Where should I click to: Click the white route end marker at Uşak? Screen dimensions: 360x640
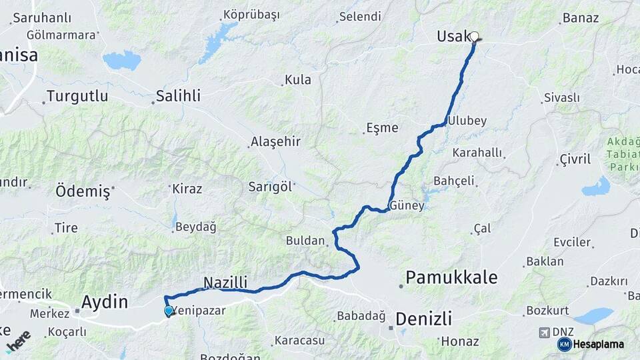point(474,37)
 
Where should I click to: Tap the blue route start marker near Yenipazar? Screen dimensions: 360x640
point(168,311)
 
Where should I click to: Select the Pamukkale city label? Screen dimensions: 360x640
point(452,277)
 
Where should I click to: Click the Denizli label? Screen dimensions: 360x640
point(423,318)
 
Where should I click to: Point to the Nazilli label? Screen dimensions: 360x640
point(225,282)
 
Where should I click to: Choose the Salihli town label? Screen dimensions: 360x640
point(178,96)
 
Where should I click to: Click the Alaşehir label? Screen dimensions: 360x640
point(275,142)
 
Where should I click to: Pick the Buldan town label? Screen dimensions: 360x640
point(305,241)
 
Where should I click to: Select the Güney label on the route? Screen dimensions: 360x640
point(407,206)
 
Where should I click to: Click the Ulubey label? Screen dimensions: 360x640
point(467,121)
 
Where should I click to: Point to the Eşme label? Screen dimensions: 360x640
point(383,128)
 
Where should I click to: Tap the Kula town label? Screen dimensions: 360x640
point(297,80)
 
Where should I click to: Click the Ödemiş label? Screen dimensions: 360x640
point(82,192)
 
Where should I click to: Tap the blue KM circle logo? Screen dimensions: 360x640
point(564,344)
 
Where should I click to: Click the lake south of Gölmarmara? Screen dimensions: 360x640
point(122,60)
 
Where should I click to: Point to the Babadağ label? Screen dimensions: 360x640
point(362,315)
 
